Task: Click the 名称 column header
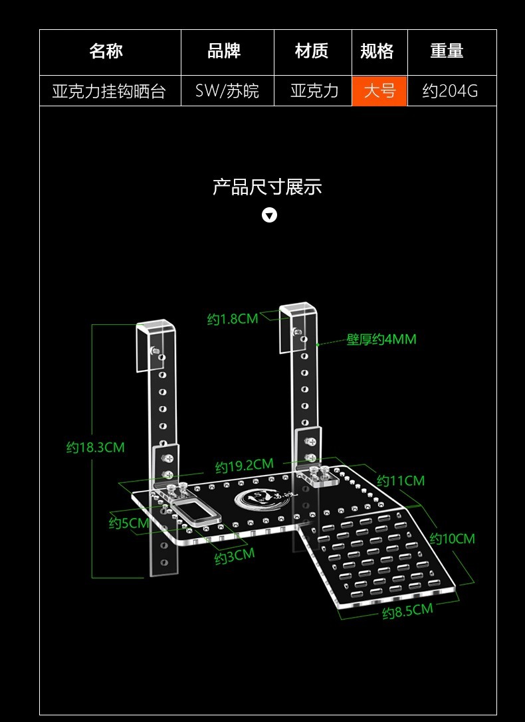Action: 106,51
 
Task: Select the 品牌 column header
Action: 224,51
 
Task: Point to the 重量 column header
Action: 447,51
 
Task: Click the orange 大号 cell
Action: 379,90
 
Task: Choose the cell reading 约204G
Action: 450,90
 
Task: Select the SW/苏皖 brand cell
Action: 227,90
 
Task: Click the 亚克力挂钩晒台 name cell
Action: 109,90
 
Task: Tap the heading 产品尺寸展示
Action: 267,187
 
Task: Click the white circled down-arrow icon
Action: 269,215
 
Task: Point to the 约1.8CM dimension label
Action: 233,319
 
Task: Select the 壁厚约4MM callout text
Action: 381,339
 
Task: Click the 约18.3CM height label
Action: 95,447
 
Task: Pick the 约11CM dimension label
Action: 401,480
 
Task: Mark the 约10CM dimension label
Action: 453,538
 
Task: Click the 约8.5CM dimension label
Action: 407,612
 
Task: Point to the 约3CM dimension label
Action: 235,557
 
